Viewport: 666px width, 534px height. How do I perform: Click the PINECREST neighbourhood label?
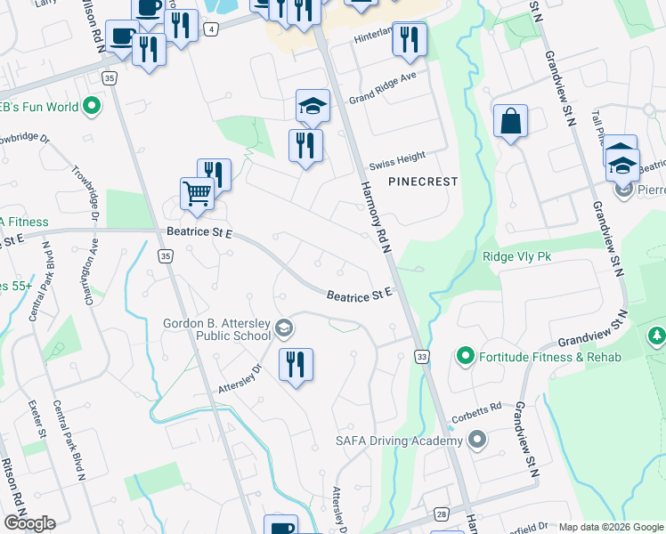(x=423, y=182)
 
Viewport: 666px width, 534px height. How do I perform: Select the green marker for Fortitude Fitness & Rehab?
(x=464, y=357)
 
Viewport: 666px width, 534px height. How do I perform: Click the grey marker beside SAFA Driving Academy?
(x=477, y=440)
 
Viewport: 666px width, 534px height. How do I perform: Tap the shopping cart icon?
(x=197, y=192)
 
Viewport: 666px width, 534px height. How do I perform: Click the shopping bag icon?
(x=510, y=121)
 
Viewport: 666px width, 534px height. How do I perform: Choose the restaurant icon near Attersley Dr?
(x=296, y=364)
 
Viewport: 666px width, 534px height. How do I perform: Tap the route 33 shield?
(x=422, y=357)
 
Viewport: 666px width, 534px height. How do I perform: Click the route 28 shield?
(x=442, y=514)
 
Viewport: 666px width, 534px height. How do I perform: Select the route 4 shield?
(x=210, y=29)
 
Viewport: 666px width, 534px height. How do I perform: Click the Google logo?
(x=28, y=523)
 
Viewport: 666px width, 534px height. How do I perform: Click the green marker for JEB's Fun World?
(x=92, y=108)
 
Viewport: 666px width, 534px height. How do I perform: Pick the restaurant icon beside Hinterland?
(x=410, y=38)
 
